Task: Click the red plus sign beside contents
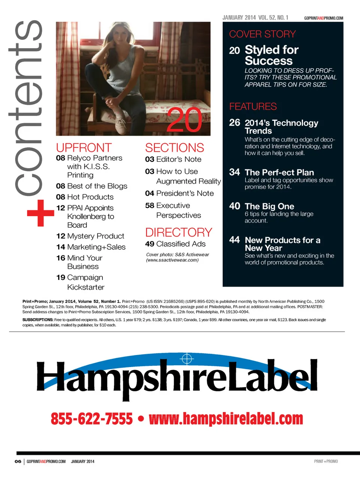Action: [40, 213]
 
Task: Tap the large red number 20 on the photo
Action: [184, 120]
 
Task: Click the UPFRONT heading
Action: [84, 147]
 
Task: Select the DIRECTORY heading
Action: [178, 232]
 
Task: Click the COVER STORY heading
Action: [262, 34]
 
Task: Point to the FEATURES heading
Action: [253, 107]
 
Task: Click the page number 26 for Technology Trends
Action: [234, 123]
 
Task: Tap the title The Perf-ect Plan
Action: [279, 172]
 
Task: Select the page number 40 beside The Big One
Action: [234, 206]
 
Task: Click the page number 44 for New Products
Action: [234, 240]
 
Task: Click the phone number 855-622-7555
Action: [91, 418]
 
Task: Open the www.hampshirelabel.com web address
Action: [226, 418]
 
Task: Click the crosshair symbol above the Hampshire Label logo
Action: [186, 359]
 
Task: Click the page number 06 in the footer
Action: [18, 461]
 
